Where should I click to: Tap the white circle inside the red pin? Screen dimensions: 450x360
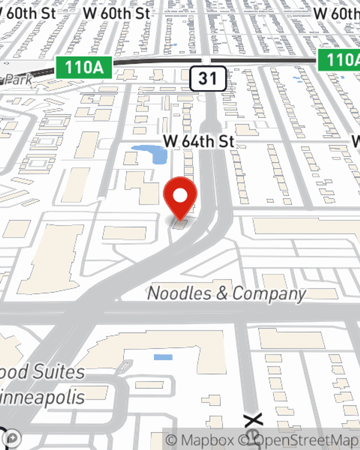tap(180, 196)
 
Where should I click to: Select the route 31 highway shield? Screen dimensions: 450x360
tap(208, 78)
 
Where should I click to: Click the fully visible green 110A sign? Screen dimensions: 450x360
tap(84, 67)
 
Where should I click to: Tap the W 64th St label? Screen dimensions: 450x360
tap(199, 141)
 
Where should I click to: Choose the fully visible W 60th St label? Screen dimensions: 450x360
tap(116, 14)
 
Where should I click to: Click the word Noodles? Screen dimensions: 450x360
tap(179, 293)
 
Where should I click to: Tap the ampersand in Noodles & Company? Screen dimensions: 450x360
tap(222, 294)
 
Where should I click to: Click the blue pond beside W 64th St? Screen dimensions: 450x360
tap(153, 153)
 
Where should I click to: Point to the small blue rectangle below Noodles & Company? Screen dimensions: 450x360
tap(163, 357)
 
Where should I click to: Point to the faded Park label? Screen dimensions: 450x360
tap(16, 80)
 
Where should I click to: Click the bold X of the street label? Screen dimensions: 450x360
tap(253, 420)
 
